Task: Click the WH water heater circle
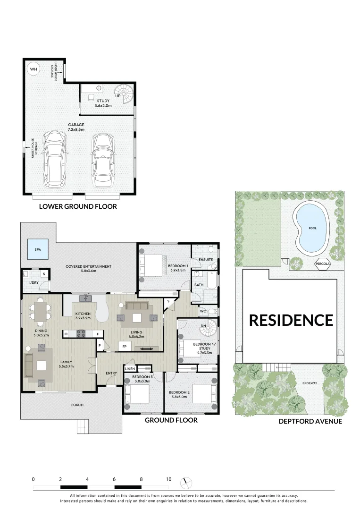tap(33, 69)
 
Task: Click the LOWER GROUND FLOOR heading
tap(78, 206)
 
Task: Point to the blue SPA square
tap(38, 249)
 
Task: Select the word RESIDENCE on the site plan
tap(291, 320)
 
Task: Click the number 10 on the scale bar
tap(168, 479)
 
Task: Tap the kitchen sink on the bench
tap(87, 297)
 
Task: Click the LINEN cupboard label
tap(130, 368)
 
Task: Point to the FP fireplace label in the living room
tap(125, 347)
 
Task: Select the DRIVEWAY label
tap(310, 383)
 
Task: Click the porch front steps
tap(83, 427)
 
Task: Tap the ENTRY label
tap(111, 374)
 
